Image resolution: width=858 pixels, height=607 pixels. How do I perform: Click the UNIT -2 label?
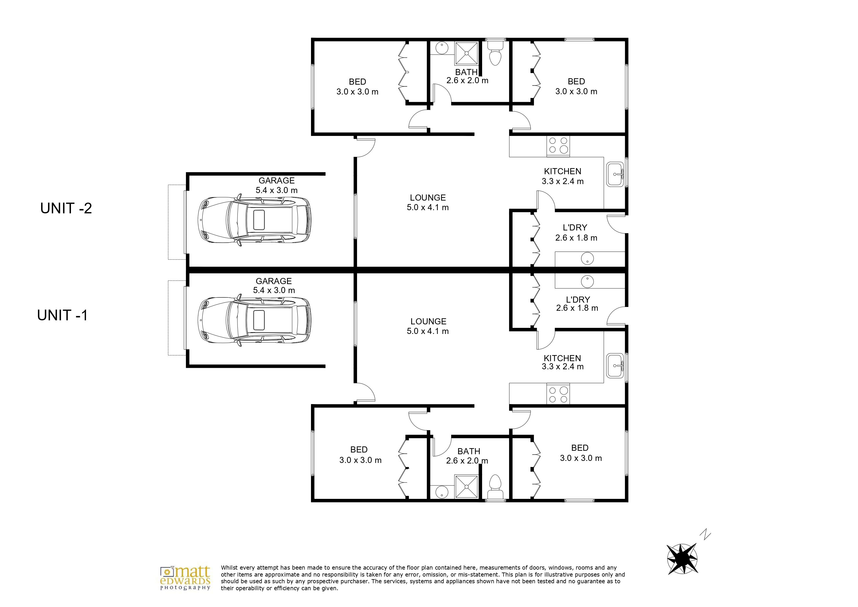click(x=66, y=208)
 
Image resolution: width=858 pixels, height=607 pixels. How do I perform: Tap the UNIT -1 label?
click(x=63, y=315)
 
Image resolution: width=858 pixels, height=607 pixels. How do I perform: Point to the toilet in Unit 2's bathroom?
click(x=495, y=53)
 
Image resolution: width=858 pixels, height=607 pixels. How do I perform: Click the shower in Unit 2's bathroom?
click(x=466, y=53)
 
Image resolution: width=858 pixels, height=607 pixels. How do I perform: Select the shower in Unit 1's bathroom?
click(x=466, y=487)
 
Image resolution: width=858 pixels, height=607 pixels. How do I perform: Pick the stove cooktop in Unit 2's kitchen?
click(x=558, y=146)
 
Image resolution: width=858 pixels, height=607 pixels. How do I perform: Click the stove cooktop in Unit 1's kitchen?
click(x=558, y=394)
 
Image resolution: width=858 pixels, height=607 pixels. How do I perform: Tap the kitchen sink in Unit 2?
click(x=615, y=174)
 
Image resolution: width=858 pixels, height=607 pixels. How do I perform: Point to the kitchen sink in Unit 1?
click(x=615, y=366)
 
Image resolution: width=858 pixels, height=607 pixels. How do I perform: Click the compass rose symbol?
click(x=682, y=558)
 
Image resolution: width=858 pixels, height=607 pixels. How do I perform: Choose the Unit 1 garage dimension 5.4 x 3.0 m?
click(x=274, y=290)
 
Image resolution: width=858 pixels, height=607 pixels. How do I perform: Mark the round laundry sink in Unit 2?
click(x=588, y=259)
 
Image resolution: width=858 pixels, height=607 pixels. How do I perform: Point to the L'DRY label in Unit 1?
click(x=578, y=299)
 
